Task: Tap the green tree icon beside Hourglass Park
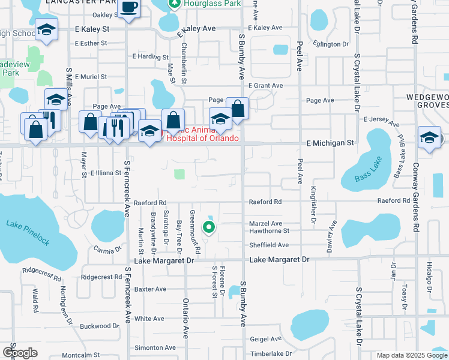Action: tap(175, 4)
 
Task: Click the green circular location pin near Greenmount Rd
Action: tap(209, 227)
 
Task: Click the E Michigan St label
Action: tap(331, 143)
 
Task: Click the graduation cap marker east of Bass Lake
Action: tap(429, 137)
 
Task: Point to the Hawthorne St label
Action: tap(270, 230)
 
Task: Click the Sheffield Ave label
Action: tap(269, 245)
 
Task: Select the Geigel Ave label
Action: tap(266, 338)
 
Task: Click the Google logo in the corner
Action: tap(20, 353)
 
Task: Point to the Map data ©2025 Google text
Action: tap(411, 355)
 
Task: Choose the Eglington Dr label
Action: tap(331, 44)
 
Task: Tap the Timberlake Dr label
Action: tap(270, 354)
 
